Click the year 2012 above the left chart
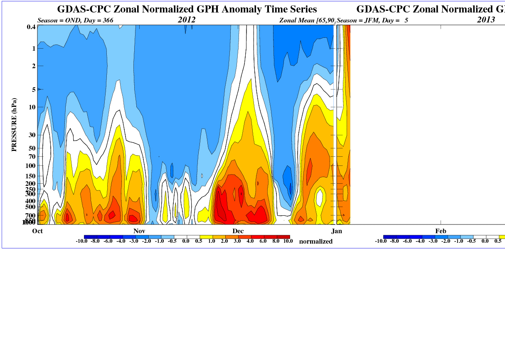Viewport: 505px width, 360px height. (187, 20)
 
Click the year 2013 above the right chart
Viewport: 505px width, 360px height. (486, 20)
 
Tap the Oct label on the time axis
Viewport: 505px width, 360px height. (37, 231)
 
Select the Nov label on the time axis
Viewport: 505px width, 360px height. (139, 231)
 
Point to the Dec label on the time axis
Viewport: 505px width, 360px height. (238, 231)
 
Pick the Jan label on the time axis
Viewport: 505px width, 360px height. (337, 231)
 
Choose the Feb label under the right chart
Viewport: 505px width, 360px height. (441, 231)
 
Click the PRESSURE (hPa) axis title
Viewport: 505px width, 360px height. (15, 125)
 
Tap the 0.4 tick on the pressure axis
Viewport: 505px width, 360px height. (31, 27)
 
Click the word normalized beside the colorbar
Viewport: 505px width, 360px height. (316, 242)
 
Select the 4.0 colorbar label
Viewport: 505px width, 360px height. (250, 241)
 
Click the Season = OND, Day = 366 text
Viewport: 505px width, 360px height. (75, 20)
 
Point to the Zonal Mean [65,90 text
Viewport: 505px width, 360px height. (307, 20)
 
